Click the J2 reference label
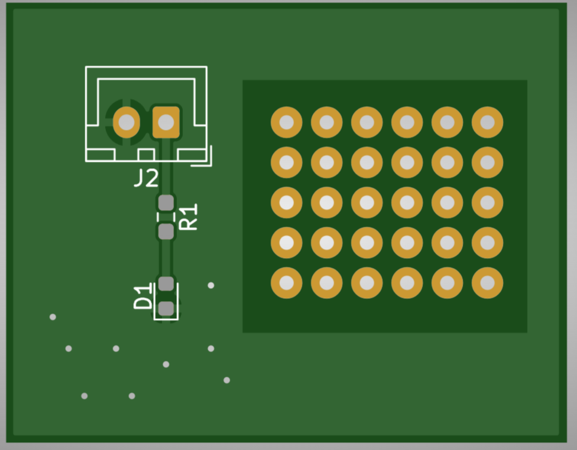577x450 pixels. [147, 178]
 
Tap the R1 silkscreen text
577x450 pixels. [187, 217]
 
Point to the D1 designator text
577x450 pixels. [142, 296]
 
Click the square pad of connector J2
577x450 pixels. [166, 122]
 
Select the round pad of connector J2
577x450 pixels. [127, 122]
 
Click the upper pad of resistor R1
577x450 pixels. [166, 203]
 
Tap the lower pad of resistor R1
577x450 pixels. [166, 231]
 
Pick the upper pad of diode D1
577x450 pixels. [166, 283]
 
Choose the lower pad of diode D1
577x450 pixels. [166, 309]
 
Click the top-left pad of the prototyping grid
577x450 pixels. [287, 122]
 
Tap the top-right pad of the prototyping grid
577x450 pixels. [487, 122]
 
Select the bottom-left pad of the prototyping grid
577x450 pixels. [287, 283]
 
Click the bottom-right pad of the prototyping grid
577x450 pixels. [487, 283]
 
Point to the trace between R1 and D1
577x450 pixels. [166, 258]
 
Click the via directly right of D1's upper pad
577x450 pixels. [211, 285]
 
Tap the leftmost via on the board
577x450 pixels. [53, 317]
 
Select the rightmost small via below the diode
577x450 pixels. [226, 380]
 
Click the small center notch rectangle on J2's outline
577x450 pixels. [146, 155]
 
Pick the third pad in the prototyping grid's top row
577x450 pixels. [367, 122]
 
